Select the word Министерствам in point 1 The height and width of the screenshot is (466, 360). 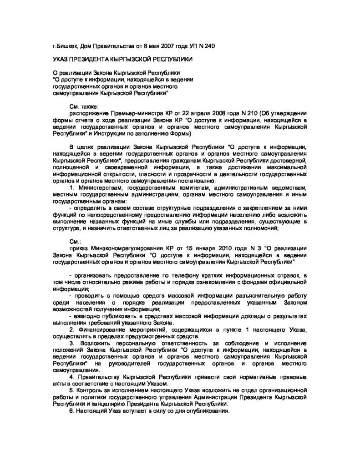coord(99,188)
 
